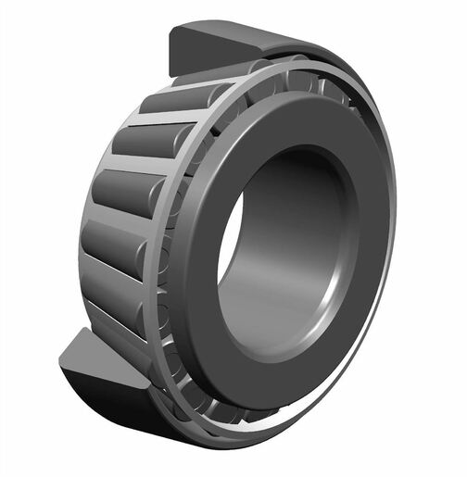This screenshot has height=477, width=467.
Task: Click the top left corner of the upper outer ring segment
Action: pos(171,31)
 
